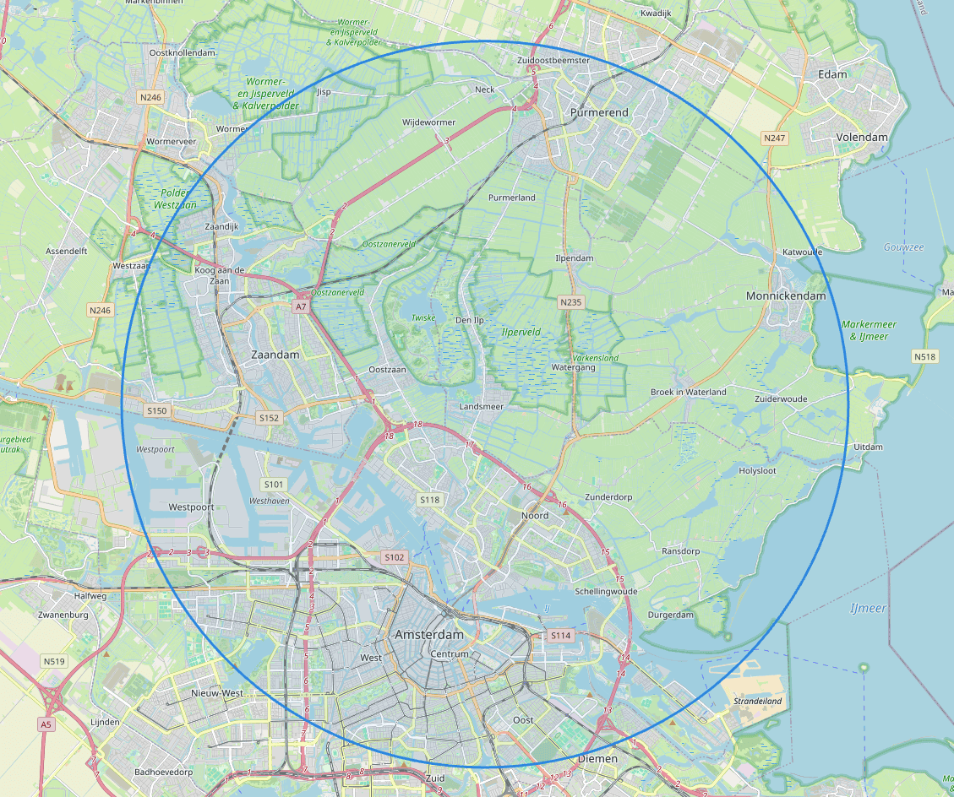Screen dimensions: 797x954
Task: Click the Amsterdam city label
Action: tap(429, 635)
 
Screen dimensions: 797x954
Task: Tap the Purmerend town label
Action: tap(599, 112)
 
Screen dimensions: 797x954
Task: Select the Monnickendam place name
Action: tap(786, 296)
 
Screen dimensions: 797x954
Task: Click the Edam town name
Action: tap(832, 75)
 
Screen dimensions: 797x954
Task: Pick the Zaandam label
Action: tap(275, 355)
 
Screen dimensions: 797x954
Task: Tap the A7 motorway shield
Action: tap(301, 307)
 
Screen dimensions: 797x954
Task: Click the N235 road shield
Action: tap(571, 301)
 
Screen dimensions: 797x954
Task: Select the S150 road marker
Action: tap(157, 411)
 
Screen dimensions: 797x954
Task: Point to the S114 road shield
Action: tap(560, 635)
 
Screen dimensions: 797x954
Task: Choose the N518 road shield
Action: tap(924, 357)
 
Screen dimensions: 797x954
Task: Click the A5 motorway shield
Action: tap(46, 724)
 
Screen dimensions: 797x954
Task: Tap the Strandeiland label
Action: tap(758, 701)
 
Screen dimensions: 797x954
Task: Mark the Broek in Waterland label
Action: tap(688, 392)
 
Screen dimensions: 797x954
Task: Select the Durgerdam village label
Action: tap(670, 615)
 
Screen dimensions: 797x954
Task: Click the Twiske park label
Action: tap(423, 317)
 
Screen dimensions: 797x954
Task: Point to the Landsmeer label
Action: tap(481, 407)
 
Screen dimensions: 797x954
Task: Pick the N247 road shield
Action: tap(773, 138)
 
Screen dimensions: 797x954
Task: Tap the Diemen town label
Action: tap(597, 758)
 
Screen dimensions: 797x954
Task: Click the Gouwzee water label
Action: tap(903, 247)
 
